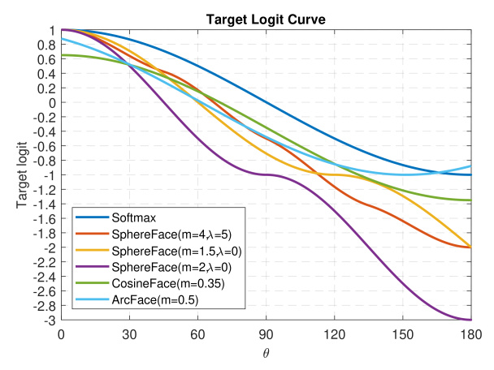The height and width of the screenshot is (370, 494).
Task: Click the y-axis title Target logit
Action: (x=24, y=175)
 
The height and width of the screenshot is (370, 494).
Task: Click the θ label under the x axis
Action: (x=266, y=352)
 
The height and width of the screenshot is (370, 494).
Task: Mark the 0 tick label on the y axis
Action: (x=50, y=103)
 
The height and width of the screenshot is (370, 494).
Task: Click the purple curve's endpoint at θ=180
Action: (x=470, y=320)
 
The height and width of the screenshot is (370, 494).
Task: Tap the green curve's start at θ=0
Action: (x=62, y=55)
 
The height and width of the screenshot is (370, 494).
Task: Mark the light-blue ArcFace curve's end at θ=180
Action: (x=470, y=166)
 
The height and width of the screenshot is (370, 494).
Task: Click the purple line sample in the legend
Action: (x=90, y=268)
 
